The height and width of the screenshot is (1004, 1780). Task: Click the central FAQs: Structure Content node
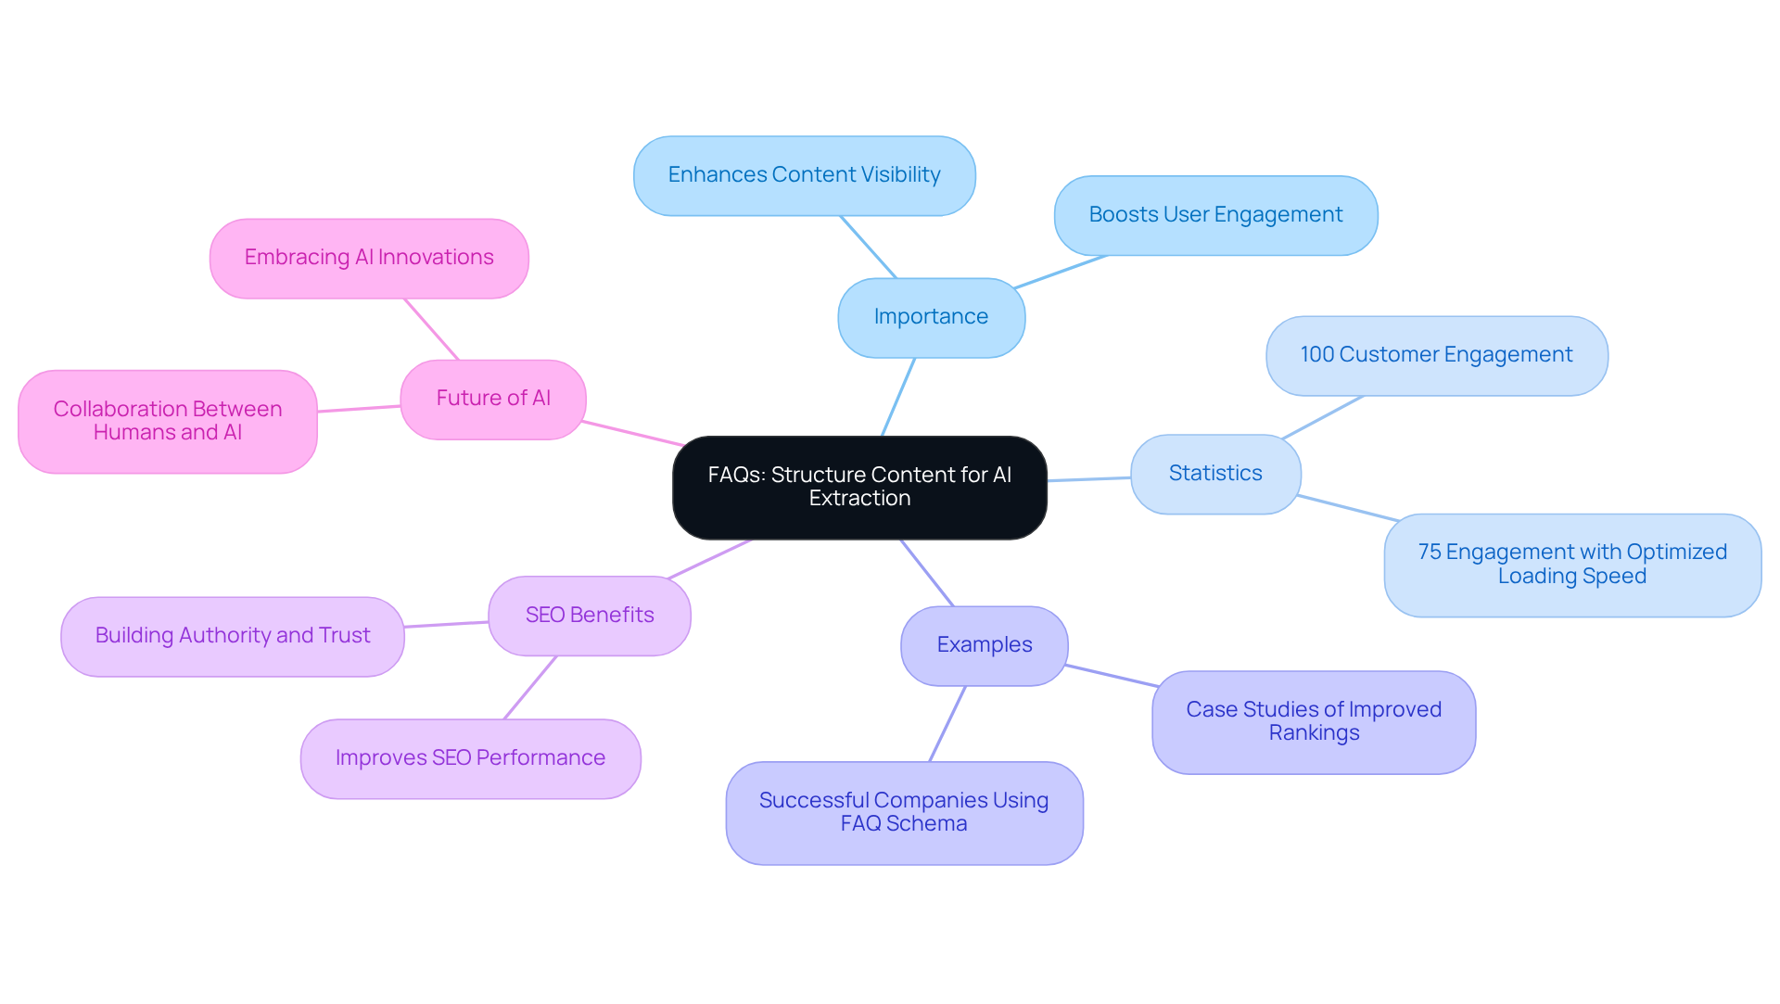click(859, 487)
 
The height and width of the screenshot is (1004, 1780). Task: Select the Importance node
click(931, 317)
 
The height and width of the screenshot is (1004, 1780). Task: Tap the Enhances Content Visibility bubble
click(804, 175)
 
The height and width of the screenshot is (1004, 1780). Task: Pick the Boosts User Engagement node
click(1215, 215)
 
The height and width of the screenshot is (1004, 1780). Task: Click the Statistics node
click(1215, 474)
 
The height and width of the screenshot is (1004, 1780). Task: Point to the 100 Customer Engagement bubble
click(1436, 355)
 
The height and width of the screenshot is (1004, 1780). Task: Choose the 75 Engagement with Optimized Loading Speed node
click(1572, 565)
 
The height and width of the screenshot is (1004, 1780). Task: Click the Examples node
click(984, 645)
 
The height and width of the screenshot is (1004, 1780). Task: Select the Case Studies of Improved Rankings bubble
click(1314, 721)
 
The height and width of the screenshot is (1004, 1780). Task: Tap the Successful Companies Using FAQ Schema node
click(904, 812)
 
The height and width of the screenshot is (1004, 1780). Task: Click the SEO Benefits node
click(590, 616)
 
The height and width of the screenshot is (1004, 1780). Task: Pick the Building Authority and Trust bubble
click(233, 636)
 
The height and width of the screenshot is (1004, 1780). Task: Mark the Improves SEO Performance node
click(470, 758)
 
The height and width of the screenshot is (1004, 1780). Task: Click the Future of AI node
click(493, 399)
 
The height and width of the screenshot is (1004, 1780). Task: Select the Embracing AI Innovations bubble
click(369, 258)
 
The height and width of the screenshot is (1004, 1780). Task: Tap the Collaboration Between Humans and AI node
click(168, 421)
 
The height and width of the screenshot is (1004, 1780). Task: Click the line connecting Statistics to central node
click(1089, 479)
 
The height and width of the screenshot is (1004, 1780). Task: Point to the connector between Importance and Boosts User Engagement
click(1062, 272)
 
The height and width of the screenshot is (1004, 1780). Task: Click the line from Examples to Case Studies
click(1112, 676)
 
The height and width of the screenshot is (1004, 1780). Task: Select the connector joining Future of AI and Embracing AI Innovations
click(431, 329)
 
